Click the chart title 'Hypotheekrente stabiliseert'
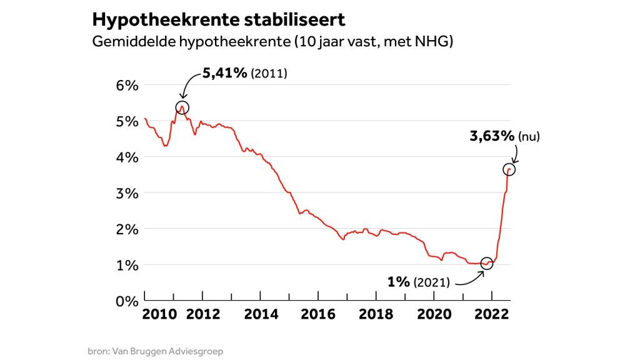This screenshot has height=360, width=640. [x=218, y=19]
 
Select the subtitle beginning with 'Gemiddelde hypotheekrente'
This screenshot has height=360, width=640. [x=272, y=42]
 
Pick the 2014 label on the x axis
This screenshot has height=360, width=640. [x=261, y=314]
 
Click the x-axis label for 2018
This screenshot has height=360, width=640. [x=376, y=314]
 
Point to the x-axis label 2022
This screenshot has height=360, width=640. [x=491, y=314]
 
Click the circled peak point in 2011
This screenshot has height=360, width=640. [x=182, y=108]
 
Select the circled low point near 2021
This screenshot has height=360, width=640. [x=486, y=263]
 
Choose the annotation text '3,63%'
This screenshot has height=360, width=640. [x=492, y=136]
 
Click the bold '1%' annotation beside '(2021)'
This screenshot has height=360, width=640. [x=398, y=282]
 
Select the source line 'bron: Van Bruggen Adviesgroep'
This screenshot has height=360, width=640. [x=155, y=351]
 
